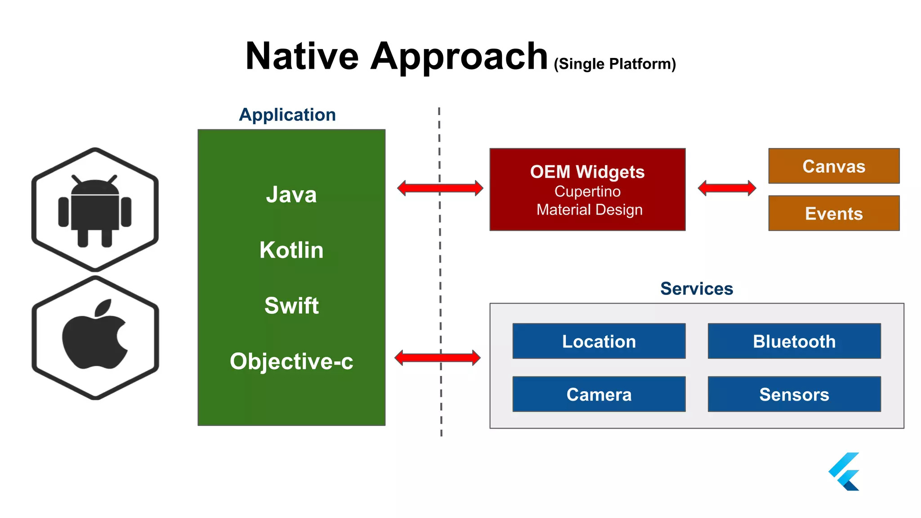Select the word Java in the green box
[291, 195]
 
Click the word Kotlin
[291, 250]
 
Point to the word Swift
[291, 306]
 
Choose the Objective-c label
[291, 362]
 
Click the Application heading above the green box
[287, 115]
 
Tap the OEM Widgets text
[587, 172]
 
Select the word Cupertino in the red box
[587, 192]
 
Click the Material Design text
[589, 210]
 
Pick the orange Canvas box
[834, 166]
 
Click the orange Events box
[834, 214]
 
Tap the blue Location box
[599, 341]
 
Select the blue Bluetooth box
[794, 341]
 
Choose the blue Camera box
[599, 394]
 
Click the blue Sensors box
[794, 394]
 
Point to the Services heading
[697, 289]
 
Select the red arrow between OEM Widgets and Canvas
[727, 188]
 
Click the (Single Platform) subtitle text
[615, 64]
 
